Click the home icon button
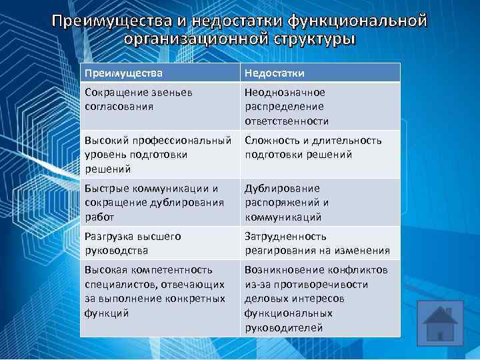coord(441,323)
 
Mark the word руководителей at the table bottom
coord(283,327)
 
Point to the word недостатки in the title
coord(209,21)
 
